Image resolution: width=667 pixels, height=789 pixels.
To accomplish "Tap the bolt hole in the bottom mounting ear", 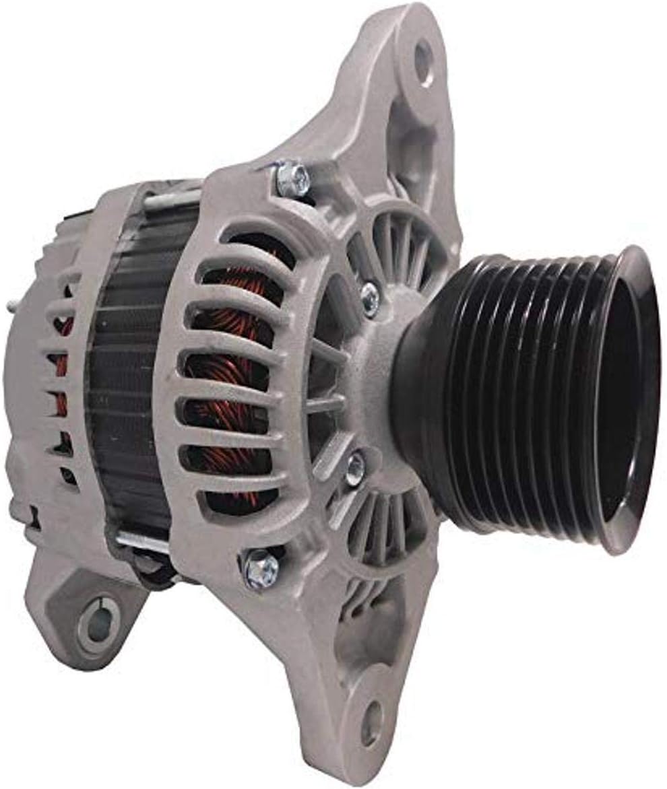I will pos(373,724).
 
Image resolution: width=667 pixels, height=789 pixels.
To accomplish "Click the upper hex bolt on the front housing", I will pos(294,178).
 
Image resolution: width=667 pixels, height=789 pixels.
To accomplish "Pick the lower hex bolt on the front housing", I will pos(261,570).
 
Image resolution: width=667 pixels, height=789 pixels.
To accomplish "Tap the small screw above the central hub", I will pos(369,299).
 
